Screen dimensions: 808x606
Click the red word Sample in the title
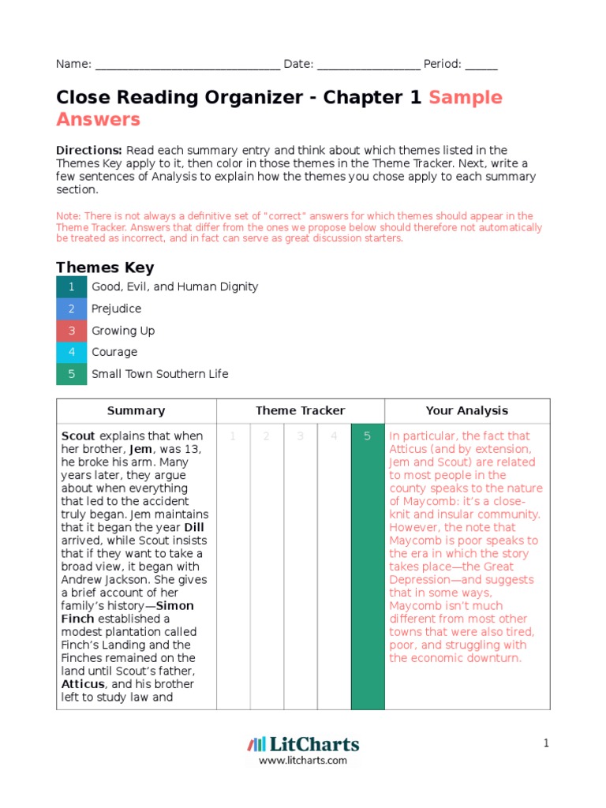(466, 98)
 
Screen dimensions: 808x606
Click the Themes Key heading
(105, 267)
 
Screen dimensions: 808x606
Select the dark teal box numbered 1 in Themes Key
(71, 287)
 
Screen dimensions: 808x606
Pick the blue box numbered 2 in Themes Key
(71, 309)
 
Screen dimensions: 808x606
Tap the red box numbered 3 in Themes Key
(71, 331)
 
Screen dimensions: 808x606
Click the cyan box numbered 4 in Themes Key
(71, 352)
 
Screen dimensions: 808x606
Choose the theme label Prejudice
(117, 309)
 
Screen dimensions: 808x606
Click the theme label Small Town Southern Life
(160, 374)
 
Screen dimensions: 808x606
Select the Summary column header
(136, 410)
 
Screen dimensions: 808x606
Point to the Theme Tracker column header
(300, 410)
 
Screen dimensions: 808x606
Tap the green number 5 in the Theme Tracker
(367, 436)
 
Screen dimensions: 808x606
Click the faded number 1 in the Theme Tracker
(233, 436)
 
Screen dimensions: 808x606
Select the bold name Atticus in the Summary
(83, 684)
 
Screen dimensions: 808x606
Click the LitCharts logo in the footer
(303, 744)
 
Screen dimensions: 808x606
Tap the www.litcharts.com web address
(303, 761)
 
